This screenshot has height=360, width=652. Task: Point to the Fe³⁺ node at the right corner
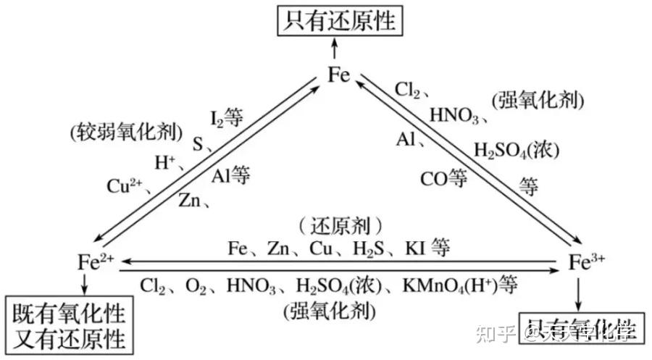coord(585,261)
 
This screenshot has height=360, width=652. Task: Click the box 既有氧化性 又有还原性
coord(69,326)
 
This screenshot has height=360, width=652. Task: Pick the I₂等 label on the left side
coord(226,117)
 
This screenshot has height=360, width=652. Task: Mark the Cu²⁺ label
coord(128,186)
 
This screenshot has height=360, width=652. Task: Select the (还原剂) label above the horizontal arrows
coord(340,225)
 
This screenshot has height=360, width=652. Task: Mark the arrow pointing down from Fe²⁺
coord(85,285)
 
